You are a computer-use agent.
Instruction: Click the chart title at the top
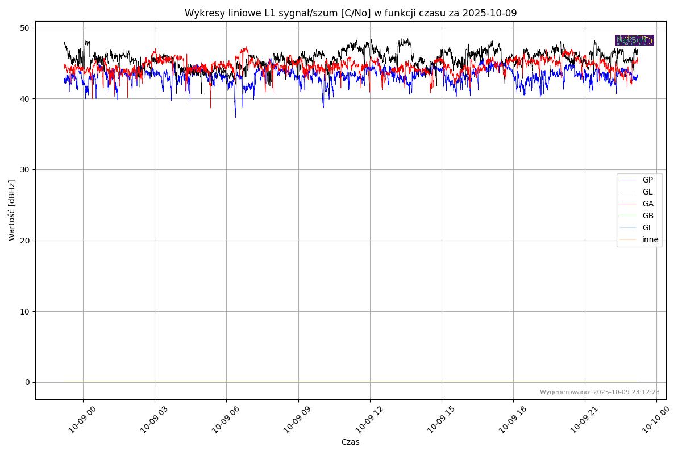pyautogui.click(x=351, y=13)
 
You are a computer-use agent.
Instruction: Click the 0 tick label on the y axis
pyautogui.click(x=27, y=382)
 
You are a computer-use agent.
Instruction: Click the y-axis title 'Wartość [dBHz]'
pyautogui.click(x=12, y=210)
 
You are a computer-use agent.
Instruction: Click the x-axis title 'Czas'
pyautogui.click(x=350, y=442)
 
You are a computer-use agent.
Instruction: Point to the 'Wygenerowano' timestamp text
pyautogui.click(x=600, y=392)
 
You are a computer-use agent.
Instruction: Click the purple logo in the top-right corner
pyautogui.click(x=634, y=40)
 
